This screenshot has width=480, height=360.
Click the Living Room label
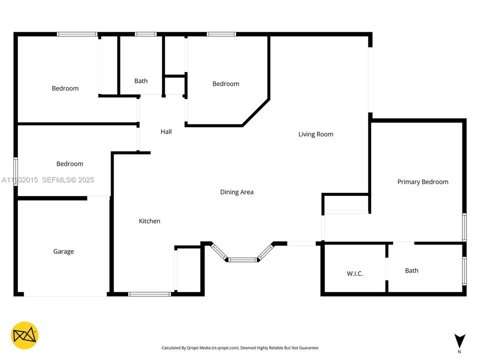click(x=315, y=134)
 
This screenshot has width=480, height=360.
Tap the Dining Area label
click(x=236, y=192)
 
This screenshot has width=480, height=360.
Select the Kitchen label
click(x=149, y=221)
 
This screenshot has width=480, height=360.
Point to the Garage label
click(x=63, y=251)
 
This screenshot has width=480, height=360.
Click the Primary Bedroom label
click(x=422, y=182)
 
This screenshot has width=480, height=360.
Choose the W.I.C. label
click(x=354, y=273)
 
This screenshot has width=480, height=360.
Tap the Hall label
click(x=166, y=131)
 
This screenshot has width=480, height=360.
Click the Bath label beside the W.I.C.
click(x=411, y=270)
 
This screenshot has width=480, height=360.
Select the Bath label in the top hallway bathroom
click(x=141, y=80)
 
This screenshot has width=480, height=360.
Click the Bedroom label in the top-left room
click(x=65, y=88)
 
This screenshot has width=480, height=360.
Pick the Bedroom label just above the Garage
click(x=69, y=164)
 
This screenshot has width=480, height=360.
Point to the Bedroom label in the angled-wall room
click(x=225, y=84)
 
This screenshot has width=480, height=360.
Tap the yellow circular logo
click(x=24, y=335)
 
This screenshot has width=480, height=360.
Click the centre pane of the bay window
click(x=242, y=259)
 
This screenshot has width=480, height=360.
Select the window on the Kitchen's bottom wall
click(x=149, y=294)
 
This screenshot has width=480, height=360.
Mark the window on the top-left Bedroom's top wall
click(x=77, y=34)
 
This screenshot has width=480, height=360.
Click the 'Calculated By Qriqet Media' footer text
click(x=239, y=348)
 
